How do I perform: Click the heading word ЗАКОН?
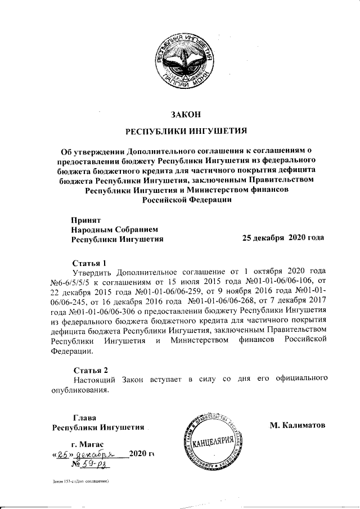[186, 115]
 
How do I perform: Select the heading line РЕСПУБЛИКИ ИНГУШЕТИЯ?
[186, 133]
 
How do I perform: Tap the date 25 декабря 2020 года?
[282, 238]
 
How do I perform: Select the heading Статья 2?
[90, 370]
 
